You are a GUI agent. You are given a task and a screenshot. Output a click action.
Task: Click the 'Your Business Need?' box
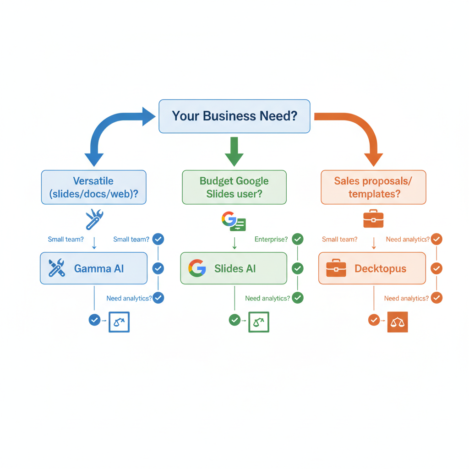click(234, 116)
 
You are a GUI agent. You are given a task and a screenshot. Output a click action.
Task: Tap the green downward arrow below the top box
click(234, 151)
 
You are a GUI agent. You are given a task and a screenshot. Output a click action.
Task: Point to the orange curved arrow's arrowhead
click(373, 158)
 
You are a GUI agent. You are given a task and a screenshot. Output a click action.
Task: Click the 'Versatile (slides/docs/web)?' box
click(93, 187)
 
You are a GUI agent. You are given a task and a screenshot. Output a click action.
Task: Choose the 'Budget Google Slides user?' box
click(234, 187)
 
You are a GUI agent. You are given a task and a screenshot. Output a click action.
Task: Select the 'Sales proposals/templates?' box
click(373, 187)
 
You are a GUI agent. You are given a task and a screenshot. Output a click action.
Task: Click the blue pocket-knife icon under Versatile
click(94, 219)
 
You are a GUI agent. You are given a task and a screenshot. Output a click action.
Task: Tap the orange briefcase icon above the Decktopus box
click(373, 219)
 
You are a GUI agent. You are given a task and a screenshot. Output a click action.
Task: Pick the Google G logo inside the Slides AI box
click(197, 268)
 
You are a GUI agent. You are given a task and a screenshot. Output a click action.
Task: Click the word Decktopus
click(380, 268)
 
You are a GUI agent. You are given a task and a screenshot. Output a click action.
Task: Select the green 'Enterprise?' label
click(271, 239)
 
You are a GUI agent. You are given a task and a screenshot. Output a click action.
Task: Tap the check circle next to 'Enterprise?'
click(298, 239)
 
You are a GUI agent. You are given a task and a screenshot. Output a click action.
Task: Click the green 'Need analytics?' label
click(267, 298)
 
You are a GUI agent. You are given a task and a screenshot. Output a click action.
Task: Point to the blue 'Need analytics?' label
click(129, 298)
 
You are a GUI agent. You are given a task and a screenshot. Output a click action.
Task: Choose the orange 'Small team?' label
click(339, 239)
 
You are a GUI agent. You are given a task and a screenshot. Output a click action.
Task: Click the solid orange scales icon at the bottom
click(397, 322)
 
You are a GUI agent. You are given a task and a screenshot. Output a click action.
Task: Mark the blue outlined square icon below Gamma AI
click(119, 322)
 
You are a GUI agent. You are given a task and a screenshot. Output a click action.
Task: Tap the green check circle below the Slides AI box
click(234, 320)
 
